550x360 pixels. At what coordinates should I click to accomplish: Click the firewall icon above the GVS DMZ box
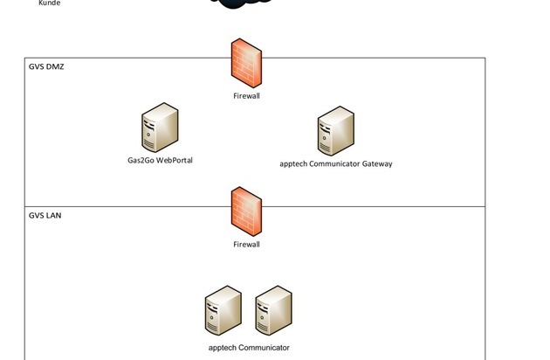[x=246, y=63]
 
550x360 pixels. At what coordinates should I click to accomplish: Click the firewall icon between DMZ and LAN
[x=246, y=211]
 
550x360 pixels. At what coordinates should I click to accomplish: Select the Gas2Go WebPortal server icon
[x=160, y=128]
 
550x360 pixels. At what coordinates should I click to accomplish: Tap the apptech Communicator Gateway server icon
[x=335, y=131]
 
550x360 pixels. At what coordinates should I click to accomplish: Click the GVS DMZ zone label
[x=47, y=66]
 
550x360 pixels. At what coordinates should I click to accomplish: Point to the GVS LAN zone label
[x=45, y=215]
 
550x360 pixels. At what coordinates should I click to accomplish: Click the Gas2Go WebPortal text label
[x=159, y=162]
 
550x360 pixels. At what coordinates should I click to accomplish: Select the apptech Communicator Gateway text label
[x=336, y=163]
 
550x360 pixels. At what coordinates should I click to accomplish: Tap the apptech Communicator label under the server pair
[x=249, y=348]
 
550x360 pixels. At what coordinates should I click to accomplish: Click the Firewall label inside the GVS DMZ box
[x=246, y=96]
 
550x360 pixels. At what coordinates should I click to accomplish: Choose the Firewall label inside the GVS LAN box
[x=246, y=245]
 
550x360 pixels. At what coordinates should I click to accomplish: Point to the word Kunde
[x=50, y=3]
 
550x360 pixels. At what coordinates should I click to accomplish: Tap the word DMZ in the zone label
[x=55, y=66]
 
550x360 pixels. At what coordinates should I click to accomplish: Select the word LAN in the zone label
[x=54, y=215]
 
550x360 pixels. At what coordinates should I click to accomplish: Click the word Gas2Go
[x=140, y=162]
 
